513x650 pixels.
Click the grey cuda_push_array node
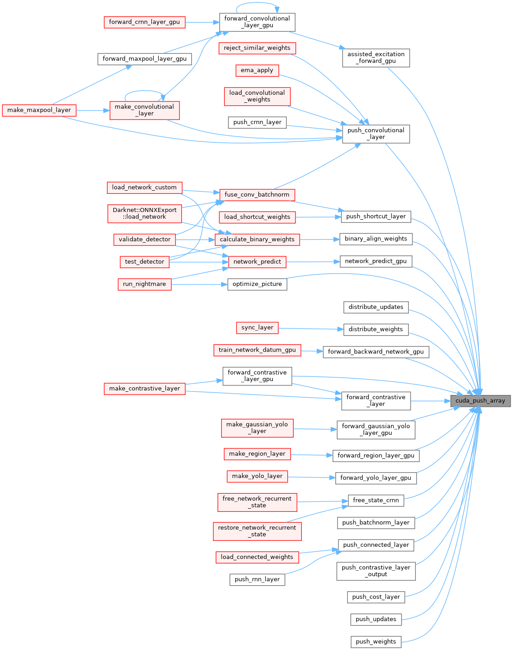[x=480, y=401]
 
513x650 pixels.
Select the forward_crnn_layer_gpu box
[x=145, y=22]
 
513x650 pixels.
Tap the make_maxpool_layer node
[x=39, y=110]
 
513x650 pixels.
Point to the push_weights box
[x=376, y=641]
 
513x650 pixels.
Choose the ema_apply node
[x=257, y=70]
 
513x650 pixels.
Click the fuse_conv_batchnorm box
[x=257, y=195]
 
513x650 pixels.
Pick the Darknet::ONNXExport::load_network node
[x=145, y=213]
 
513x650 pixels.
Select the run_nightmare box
[x=145, y=284]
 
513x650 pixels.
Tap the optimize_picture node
[x=257, y=284]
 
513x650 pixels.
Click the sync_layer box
[x=257, y=327]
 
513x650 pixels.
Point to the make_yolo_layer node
[x=257, y=476]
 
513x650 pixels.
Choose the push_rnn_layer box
[x=257, y=579]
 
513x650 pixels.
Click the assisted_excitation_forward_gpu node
[x=376, y=58]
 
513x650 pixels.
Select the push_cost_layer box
[x=376, y=597]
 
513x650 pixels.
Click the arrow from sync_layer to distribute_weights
[x=311, y=328]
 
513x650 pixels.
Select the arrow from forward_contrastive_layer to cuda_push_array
[x=430, y=401]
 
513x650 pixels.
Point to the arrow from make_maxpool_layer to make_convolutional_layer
[x=93, y=110]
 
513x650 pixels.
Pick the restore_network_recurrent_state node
[x=257, y=531]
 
